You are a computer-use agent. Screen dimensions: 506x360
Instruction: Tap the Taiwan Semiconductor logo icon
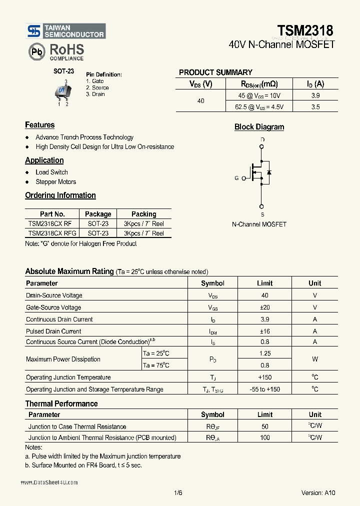33,31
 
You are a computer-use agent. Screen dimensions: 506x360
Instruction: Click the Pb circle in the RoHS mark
36,51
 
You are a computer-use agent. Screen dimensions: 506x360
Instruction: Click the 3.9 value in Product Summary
315,95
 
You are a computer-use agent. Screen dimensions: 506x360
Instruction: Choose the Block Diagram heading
259,127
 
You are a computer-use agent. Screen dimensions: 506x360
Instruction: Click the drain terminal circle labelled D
261,147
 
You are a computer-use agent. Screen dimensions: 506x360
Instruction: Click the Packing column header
143,214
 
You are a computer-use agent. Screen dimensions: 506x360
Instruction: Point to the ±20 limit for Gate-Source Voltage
264,307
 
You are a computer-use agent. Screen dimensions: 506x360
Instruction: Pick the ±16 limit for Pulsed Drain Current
264,331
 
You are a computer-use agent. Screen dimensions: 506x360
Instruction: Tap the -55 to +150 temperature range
264,389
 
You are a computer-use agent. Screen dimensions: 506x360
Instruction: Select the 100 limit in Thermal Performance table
264,437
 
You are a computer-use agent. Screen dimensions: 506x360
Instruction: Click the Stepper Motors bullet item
55,182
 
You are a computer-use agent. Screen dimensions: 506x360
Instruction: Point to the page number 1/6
178,492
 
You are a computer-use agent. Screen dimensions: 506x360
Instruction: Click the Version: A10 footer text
318,492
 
